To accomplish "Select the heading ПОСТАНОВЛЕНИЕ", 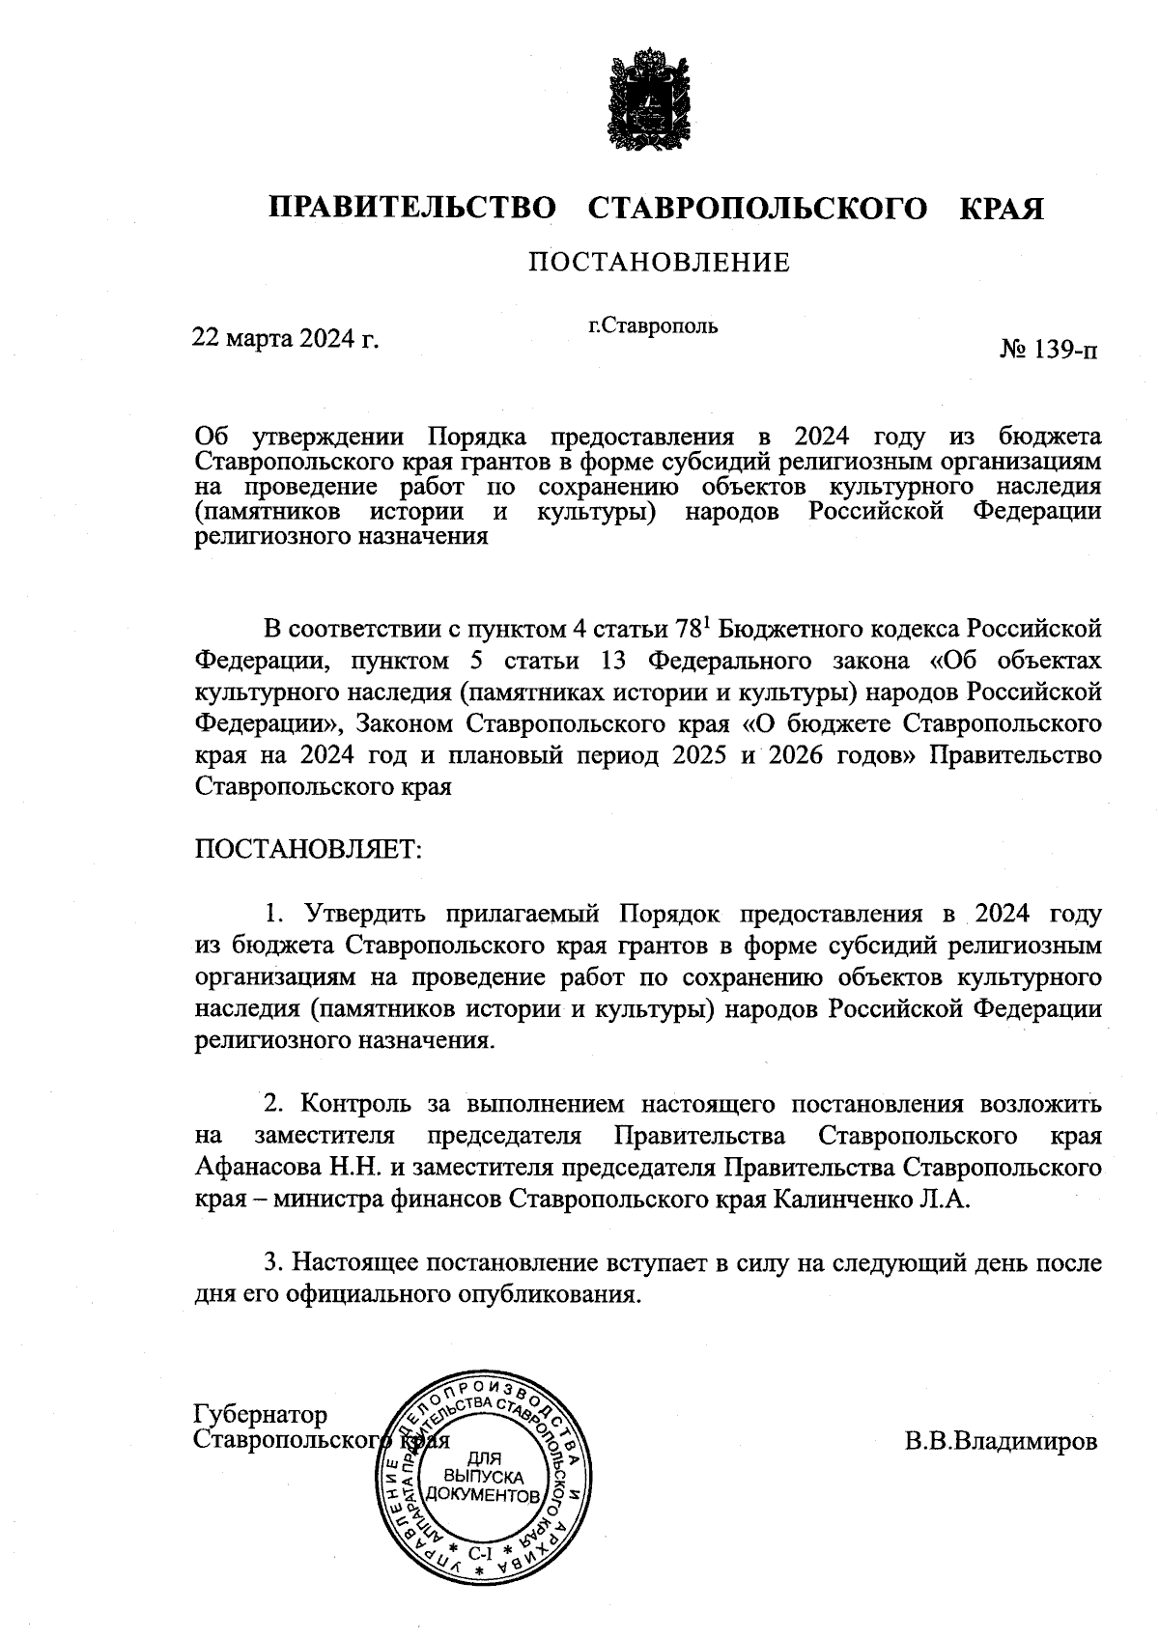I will (658, 263).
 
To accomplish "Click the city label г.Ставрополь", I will (654, 325).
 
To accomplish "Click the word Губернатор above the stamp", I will (261, 1415).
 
